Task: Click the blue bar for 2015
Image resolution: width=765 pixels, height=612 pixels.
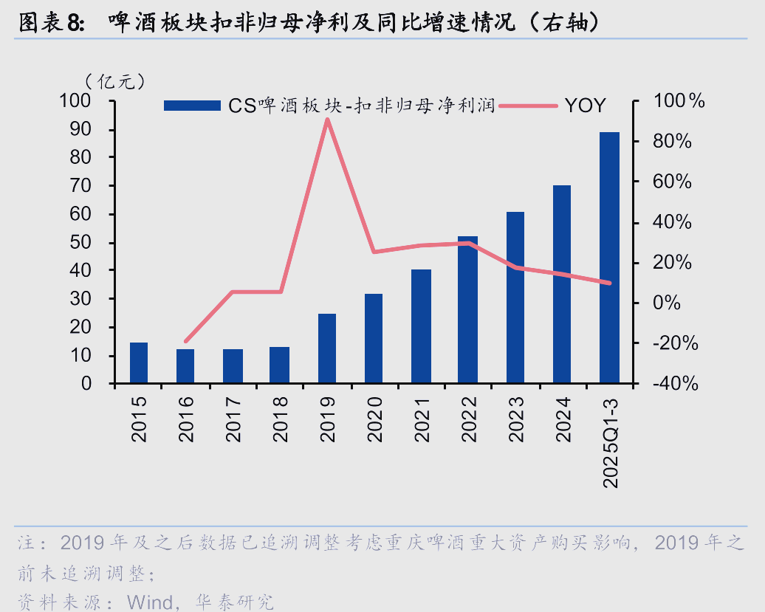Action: (x=139, y=363)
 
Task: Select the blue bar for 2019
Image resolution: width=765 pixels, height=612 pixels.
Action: (x=327, y=348)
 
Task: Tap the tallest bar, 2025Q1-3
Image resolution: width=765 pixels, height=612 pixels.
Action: (x=609, y=258)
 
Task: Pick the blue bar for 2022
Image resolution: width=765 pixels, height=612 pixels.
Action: (x=467, y=310)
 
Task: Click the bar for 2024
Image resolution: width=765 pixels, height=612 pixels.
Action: (x=562, y=284)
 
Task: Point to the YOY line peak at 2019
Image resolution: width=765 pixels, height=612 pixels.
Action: (x=327, y=120)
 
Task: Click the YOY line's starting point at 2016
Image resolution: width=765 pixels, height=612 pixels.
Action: (x=185, y=342)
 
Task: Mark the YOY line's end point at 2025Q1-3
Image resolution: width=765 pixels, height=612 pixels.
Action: (x=609, y=283)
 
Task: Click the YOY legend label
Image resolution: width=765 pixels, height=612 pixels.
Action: (x=585, y=106)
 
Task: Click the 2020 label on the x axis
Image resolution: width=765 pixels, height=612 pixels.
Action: (x=374, y=418)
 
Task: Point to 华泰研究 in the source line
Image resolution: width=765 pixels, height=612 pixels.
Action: (x=234, y=601)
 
